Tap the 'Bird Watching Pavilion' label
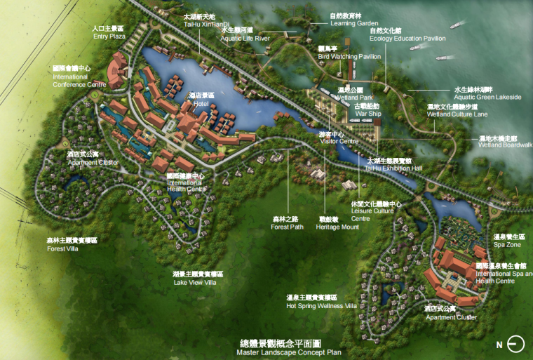coord(349,56)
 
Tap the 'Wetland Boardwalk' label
coord(505,145)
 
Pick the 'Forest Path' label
coord(288,227)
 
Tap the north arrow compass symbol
coord(515,345)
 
